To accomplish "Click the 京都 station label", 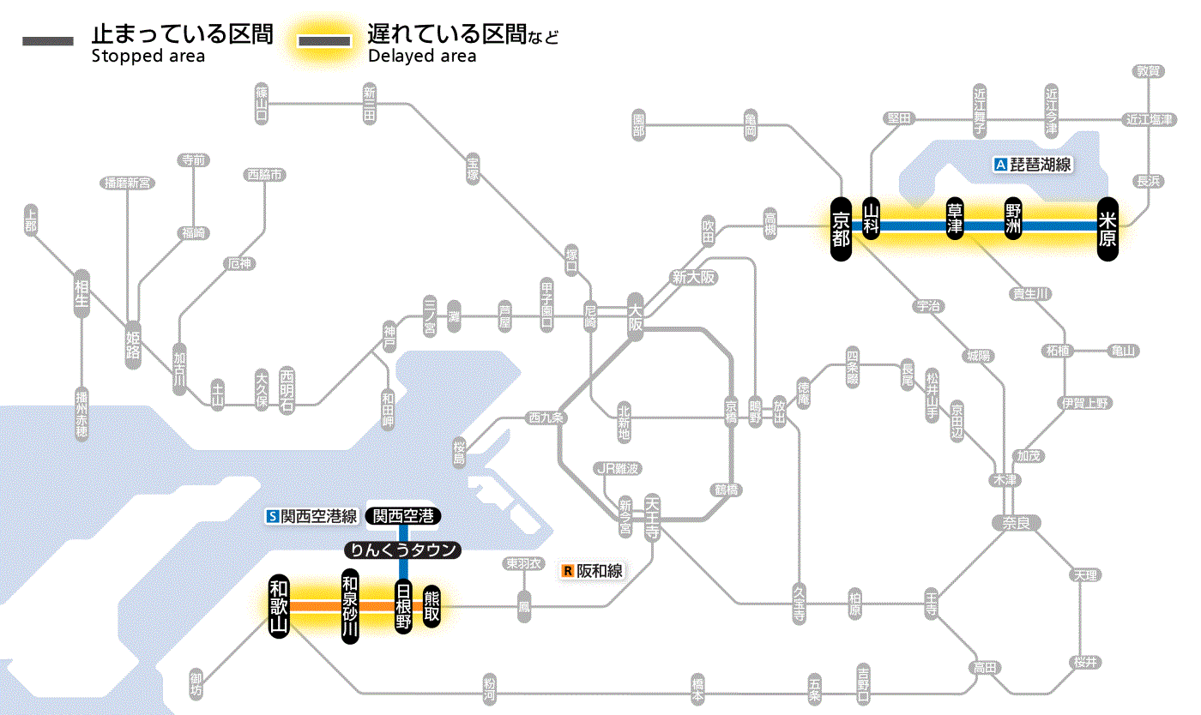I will (841, 226).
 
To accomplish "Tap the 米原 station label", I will (1107, 227).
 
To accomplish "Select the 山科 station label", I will (872, 221).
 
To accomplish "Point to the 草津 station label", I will (955, 221).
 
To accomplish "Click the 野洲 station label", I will (1014, 221).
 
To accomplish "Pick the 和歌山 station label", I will (278, 606).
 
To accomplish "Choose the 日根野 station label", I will (403, 607).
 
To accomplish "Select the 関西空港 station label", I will (403, 516).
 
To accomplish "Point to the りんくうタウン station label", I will (403, 550).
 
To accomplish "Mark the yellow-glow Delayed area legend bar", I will (324, 41).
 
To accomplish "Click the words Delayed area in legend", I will (422, 57).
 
